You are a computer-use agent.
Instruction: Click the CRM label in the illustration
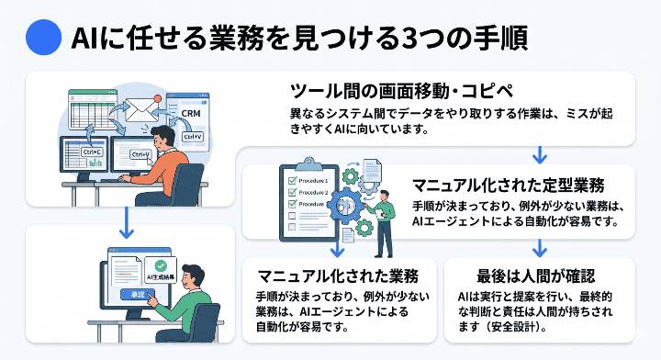click(x=191, y=114)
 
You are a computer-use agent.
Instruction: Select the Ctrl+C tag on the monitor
click(x=94, y=152)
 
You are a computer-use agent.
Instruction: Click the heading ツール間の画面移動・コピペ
click(x=408, y=91)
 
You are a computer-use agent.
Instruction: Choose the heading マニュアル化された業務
click(x=338, y=276)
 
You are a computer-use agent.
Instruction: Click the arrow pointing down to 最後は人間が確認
click(x=540, y=247)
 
